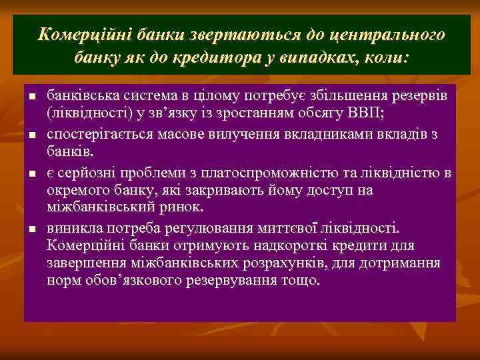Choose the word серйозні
click(84, 174)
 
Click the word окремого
click(77, 191)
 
